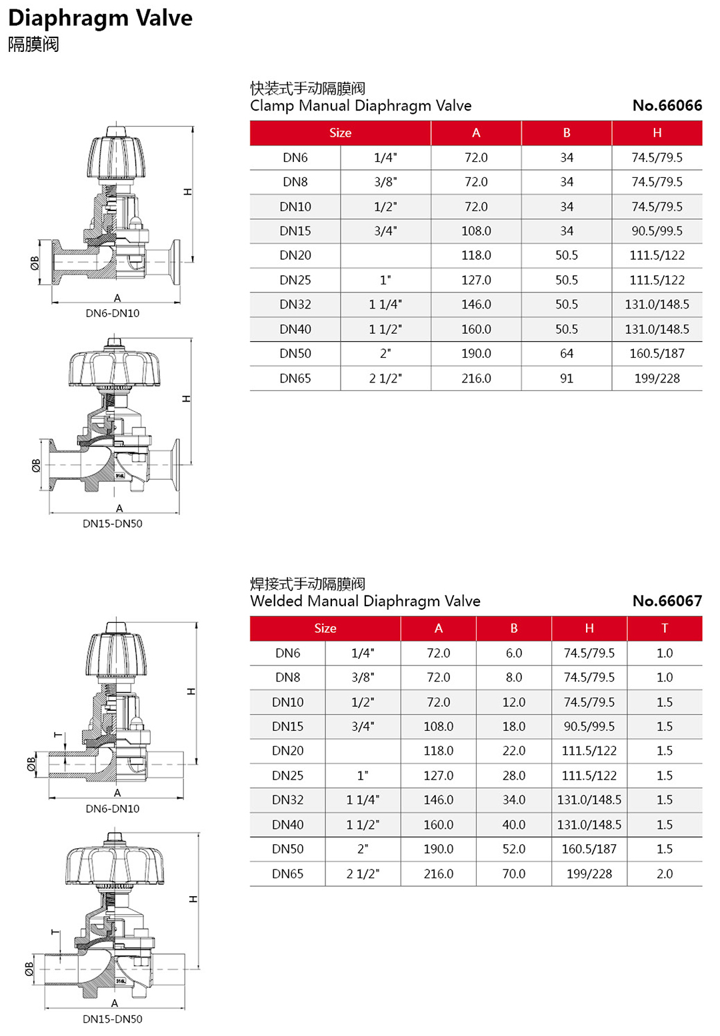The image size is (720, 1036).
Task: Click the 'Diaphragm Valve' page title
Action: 100,18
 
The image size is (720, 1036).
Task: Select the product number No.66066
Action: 667,105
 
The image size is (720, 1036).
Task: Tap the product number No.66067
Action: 667,601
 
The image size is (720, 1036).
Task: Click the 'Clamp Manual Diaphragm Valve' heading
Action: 361,106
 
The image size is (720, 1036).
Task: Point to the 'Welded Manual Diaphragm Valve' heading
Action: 365,601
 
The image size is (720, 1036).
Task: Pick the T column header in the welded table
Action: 664,628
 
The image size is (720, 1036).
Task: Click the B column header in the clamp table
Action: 566,133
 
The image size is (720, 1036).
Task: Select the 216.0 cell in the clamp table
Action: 476,378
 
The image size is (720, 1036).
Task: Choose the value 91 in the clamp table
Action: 566,378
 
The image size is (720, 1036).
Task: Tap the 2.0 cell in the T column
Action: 664,873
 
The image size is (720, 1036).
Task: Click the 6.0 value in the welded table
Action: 513,653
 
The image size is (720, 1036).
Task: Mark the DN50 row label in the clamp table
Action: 295,354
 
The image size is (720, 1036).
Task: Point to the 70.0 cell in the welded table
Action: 513,873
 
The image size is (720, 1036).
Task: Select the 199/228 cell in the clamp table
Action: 657,378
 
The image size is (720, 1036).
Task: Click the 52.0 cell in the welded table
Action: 513,849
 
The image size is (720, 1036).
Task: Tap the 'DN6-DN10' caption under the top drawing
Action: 112,313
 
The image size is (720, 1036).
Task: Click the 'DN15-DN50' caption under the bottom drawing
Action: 112,1019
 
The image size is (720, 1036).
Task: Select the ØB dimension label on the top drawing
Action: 35,263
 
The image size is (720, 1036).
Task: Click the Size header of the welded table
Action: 325,628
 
